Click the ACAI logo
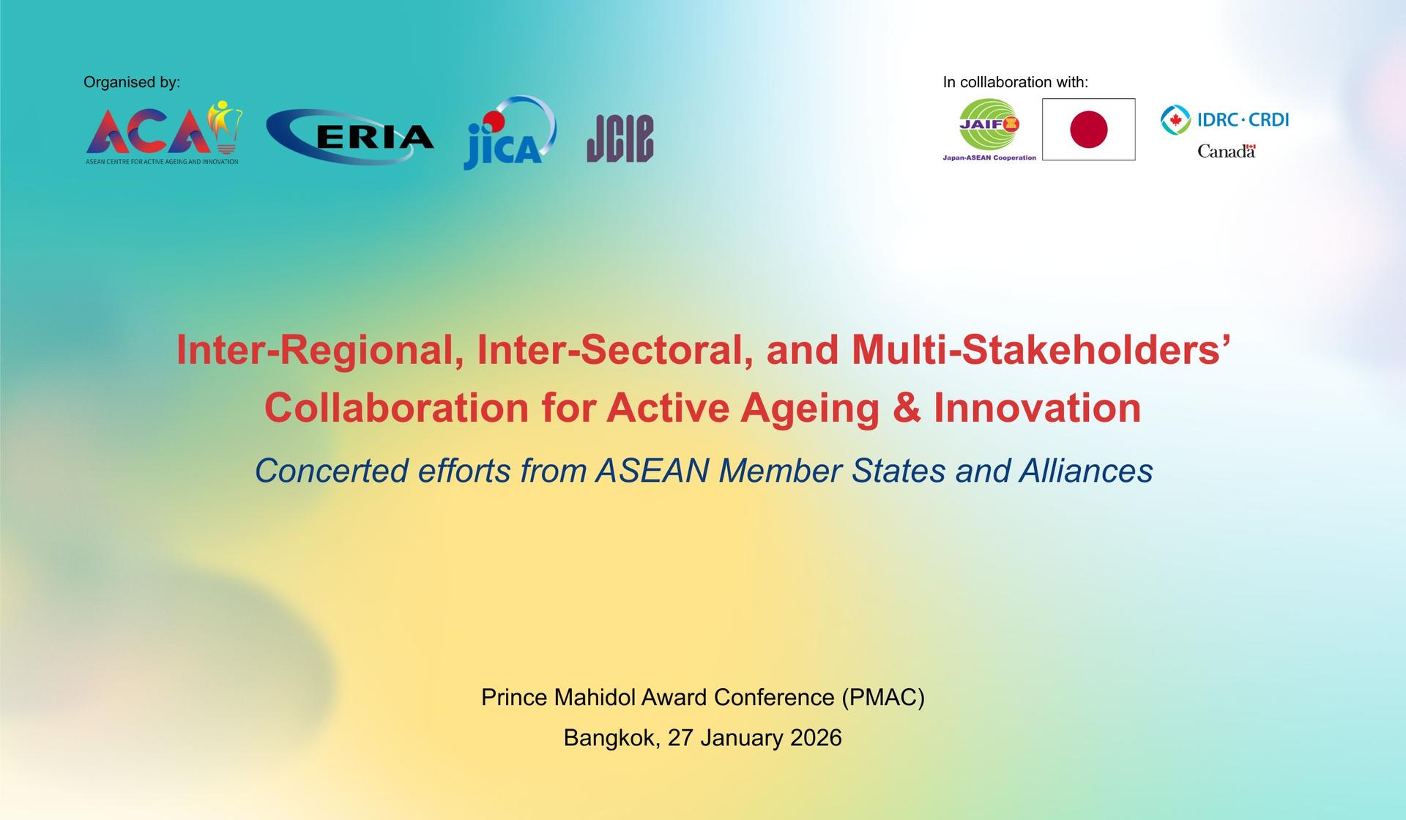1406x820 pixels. (163, 134)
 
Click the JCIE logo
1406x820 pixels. (620, 138)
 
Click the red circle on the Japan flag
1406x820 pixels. (1088, 130)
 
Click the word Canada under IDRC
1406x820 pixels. (1226, 152)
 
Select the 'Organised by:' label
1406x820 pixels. (132, 82)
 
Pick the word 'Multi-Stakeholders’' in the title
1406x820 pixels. (1040, 350)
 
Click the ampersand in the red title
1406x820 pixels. (906, 408)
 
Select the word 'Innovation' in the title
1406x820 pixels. (1037, 408)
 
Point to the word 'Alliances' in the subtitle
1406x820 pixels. (1086, 471)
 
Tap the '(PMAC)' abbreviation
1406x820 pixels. (883, 697)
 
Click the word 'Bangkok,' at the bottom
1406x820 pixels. (612, 737)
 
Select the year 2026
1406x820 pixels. (816, 737)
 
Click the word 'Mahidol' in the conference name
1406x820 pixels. (594, 697)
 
